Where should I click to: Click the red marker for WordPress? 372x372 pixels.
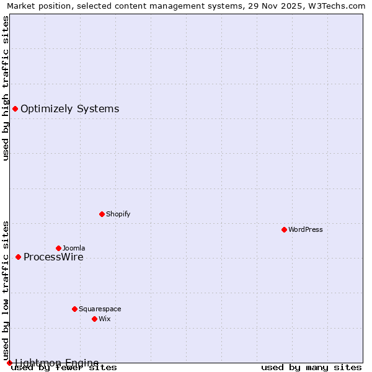(x=284, y=229)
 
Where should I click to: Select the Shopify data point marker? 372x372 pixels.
(x=102, y=214)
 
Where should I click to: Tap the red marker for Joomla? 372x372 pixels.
(x=58, y=248)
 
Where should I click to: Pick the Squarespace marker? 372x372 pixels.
(x=74, y=309)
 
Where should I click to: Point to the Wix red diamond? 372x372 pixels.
(x=94, y=319)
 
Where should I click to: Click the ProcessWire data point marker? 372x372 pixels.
(x=18, y=257)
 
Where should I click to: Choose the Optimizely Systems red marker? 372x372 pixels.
(x=15, y=109)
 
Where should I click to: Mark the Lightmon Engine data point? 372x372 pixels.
(x=9, y=363)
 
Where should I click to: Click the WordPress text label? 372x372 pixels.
(x=306, y=229)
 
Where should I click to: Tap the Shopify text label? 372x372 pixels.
(x=118, y=214)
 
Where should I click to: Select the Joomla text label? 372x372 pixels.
(x=74, y=248)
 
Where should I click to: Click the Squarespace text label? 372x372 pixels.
(x=100, y=309)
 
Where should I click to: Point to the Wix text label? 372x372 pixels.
(x=104, y=319)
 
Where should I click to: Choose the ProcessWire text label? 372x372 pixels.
(x=53, y=257)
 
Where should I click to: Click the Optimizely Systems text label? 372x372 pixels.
(x=69, y=109)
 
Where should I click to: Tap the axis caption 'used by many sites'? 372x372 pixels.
(x=311, y=367)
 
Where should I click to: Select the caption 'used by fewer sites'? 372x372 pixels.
(x=64, y=367)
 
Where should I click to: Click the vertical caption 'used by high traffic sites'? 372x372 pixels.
(x=6, y=88)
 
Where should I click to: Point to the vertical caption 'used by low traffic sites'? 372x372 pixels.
(x=6, y=291)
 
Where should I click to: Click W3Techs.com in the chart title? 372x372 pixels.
(x=337, y=6)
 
